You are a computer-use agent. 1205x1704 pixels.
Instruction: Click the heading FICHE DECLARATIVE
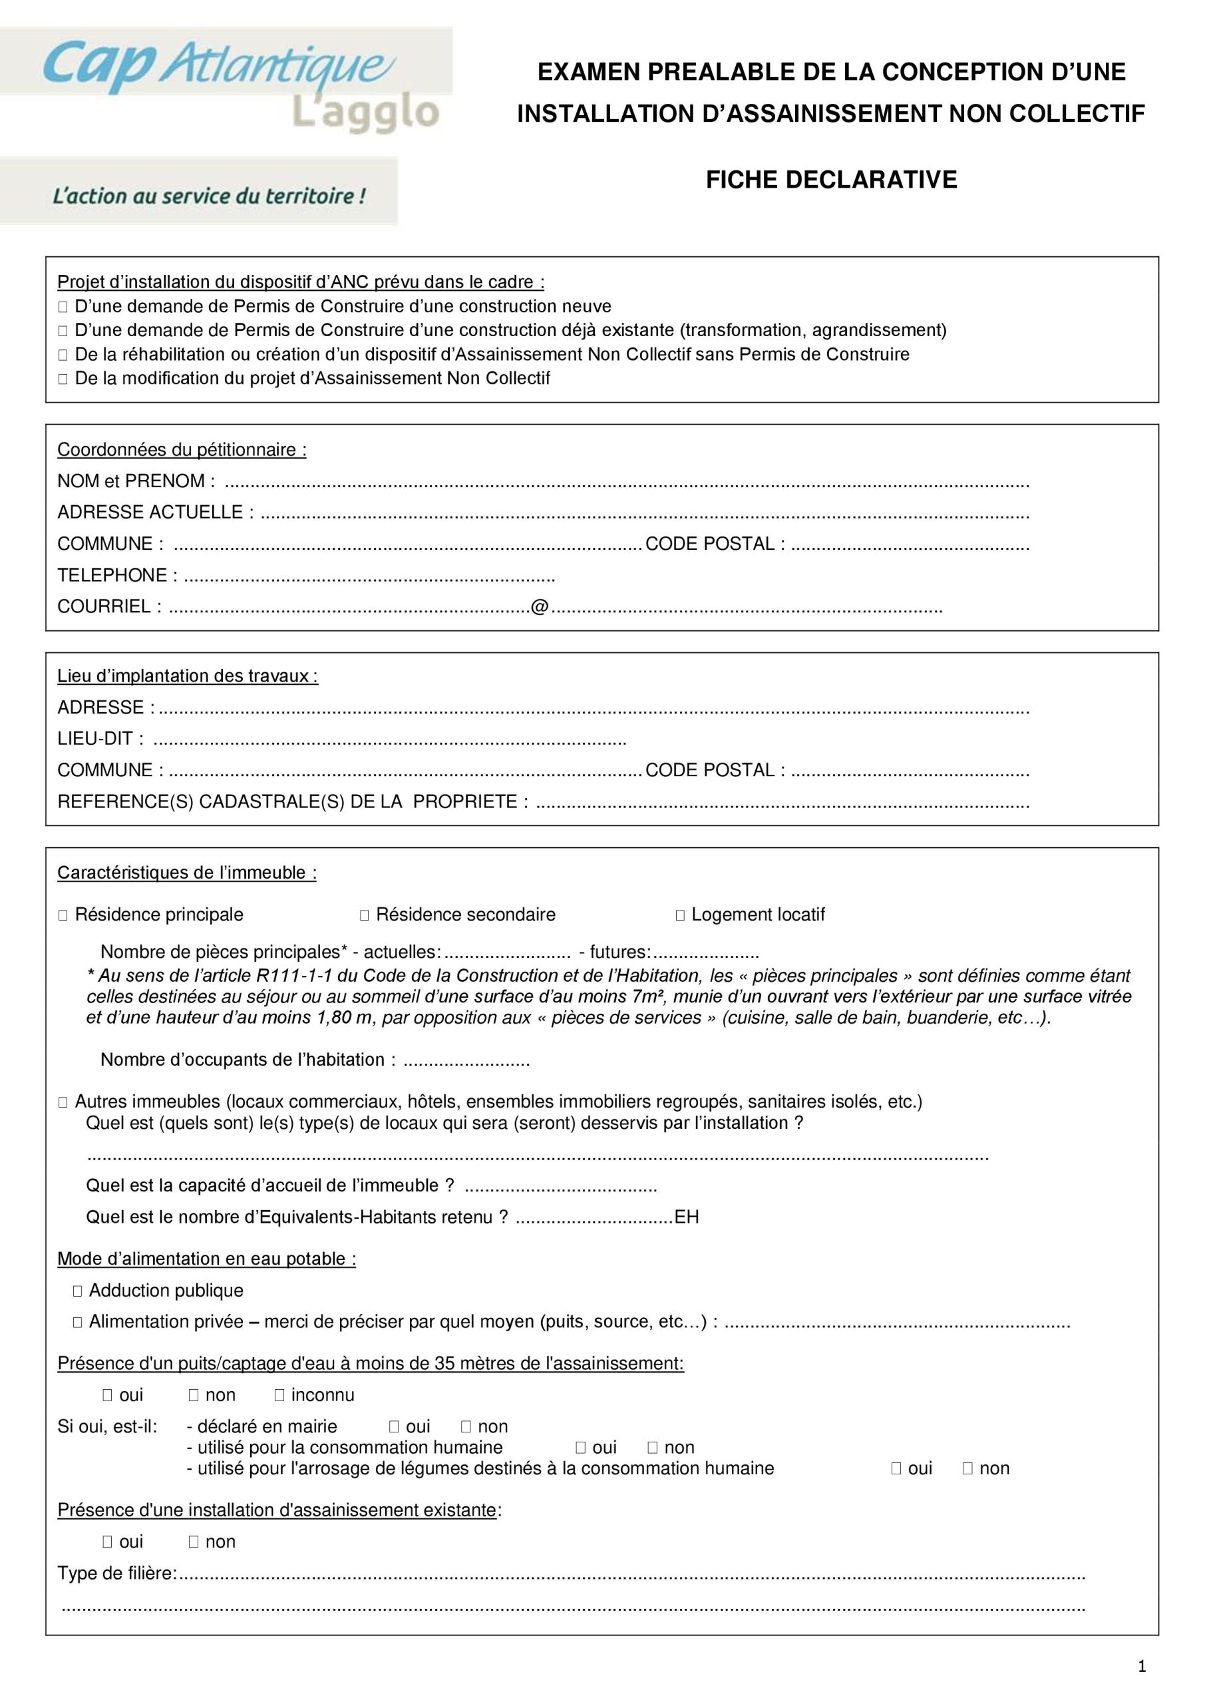click(x=831, y=180)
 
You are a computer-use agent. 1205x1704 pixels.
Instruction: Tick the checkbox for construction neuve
click(x=63, y=308)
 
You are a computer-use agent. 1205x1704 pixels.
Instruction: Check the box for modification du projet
click(x=63, y=379)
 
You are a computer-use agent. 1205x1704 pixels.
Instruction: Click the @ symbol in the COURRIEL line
click(x=540, y=607)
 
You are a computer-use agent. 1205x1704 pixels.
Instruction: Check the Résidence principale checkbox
click(x=63, y=915)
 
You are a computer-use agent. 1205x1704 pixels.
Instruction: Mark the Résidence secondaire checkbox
click(x=365, y=915)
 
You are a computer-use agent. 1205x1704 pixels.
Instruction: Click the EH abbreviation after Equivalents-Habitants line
click(x=687, y=1217)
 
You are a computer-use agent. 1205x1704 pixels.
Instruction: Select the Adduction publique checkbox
click(x=77, y=1291)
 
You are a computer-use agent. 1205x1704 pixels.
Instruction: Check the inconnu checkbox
click(x=279, y=1395)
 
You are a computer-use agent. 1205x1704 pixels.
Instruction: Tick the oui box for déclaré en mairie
click(x=394, y=1426)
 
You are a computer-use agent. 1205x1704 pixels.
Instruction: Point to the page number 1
click(x=1142, y=1666)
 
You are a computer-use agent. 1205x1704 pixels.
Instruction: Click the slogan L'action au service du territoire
click(x=209, y=196)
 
